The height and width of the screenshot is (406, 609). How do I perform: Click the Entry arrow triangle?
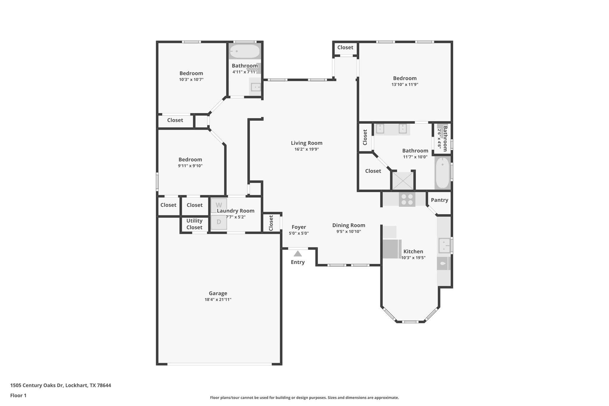pos(298,254)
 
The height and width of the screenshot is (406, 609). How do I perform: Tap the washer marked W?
pos(219,205)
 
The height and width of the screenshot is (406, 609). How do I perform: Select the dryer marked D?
pos(219,222)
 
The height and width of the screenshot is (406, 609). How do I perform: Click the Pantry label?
pos(439,200)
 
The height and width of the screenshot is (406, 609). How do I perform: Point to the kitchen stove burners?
pos(407,199)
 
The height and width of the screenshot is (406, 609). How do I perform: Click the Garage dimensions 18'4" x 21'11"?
pos(218,300)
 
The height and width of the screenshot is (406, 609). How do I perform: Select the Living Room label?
pos(306,143)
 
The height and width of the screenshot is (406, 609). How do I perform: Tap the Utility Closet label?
pos(194,224)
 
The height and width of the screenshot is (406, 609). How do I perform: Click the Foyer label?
pos(299,227)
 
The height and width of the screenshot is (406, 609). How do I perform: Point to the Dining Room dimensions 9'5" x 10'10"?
pos(349,231)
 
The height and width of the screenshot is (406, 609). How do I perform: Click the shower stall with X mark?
pos(403,181)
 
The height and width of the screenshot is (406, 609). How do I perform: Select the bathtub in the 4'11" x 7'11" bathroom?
pos(245,51)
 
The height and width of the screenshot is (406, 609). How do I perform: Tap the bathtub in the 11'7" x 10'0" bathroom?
pos(442,173)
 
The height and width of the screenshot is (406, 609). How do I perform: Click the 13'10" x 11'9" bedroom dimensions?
pos(405,84)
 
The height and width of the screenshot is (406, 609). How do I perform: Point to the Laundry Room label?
pos(236,211)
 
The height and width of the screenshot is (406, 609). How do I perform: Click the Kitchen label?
pos(413,251)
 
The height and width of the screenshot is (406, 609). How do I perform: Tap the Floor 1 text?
pos(18,395)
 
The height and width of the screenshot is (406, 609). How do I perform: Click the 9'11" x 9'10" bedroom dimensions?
pos(190,166)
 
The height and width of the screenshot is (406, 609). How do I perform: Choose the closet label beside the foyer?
pos(271,223)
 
